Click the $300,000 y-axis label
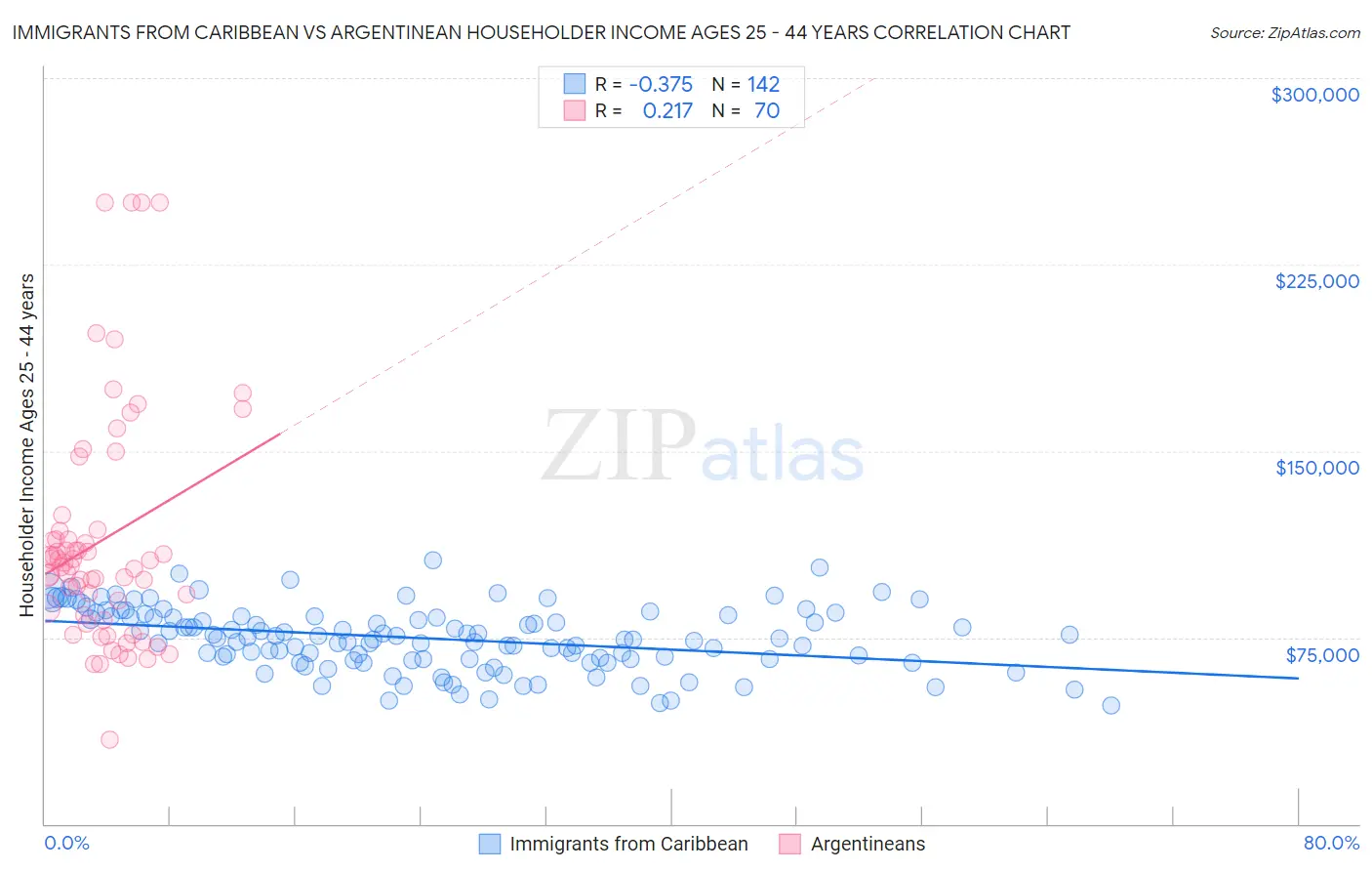pyautogui.click(x=1314, y=95)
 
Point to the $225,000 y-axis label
pyautogui.click(x=1316, y=281)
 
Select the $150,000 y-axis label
pyautogui.click(x=1316, y=468)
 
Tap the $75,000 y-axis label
pyautogui.click(x=1322, y=655)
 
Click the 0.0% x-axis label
pyautogui.click(x=66, y=843)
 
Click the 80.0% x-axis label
pyautogui.click(x=1331, y=843)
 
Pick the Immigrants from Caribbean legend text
pyautogui.click(x=628, y=844)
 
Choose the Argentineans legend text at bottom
pyautogui.click(x=868, y=844)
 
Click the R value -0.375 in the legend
pyautogui.click(x=661, y=84)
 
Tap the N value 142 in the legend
pyautogui.click(x=763, y=84)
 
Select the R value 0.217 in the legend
pyautogui.click(x=667, y=110)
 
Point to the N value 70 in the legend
pyautogui.click(x=767, y=110)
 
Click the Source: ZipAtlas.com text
pyautogui.click(x=1284, y=32)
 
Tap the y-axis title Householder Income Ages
pyautogui.click(x=27, y=445)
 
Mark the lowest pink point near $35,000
pyautogui.click(x=109, y=739)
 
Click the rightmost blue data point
pyautogui.click(x=1110, y=705)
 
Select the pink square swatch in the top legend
pyautogui.click(x=575, y=110)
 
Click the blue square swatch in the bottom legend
pyautogui.click(x=489, y=844)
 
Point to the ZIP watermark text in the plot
pyautogui.click(x=619, y=445)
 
